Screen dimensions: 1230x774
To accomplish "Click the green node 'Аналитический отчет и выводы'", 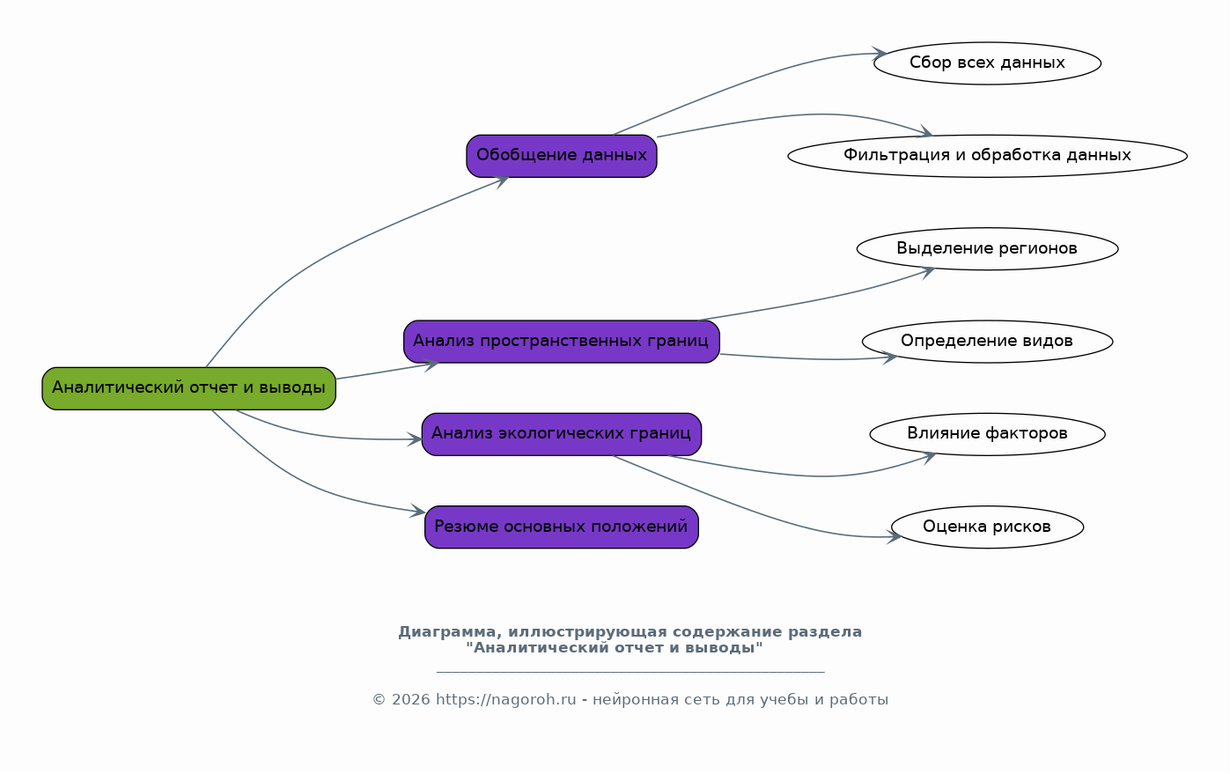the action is click(189, 388).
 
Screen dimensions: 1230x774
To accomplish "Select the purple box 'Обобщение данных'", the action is click(561, 156).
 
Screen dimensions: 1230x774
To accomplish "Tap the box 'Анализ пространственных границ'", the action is click(561, 342).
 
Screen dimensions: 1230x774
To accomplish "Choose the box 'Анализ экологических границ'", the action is click(561, 434).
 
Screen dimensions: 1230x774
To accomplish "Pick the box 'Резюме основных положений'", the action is click(561, 527).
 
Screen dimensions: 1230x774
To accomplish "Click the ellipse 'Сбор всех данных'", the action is click(987, 63).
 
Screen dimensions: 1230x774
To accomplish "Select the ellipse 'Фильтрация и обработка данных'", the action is click(987, 156).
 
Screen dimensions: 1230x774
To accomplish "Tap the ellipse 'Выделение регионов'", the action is click(987, 249).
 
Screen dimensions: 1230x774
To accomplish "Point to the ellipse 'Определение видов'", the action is click(987, 342).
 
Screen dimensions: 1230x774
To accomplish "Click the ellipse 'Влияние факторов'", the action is click(987, 434).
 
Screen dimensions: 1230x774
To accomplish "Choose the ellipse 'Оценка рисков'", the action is click(987, 527).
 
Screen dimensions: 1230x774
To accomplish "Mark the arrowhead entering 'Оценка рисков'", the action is click(895, 536).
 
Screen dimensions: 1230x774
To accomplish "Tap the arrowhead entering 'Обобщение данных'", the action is click(501, 181).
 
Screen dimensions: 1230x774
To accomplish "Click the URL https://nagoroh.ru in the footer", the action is click(505, 699).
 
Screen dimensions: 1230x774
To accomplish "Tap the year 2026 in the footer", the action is click(410, 699).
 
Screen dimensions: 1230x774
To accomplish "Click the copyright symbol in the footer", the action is click(379, 700).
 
